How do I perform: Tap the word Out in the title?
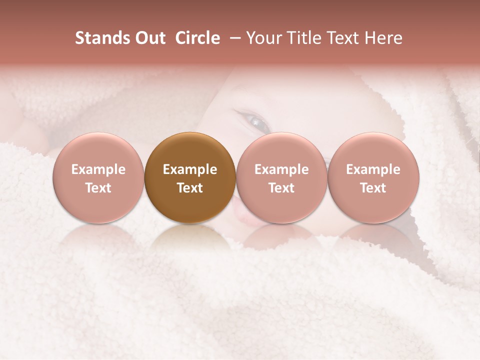(x=149, y=38)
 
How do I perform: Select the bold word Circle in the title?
(x=197, y=38)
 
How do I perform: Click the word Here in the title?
(x=382, y=38)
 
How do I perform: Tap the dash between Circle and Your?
(x=232, y=38)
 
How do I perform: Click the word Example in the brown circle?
(x=190, y=169)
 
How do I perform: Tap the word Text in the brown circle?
(x=190, y=188)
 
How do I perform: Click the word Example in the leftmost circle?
(x=98, y=169)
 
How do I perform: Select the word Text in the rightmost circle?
(x=373, y=188)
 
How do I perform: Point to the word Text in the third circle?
(x=281, y=188)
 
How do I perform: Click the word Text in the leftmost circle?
(x=98, y=188)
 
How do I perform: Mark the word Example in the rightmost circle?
(x=373, y=169)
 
